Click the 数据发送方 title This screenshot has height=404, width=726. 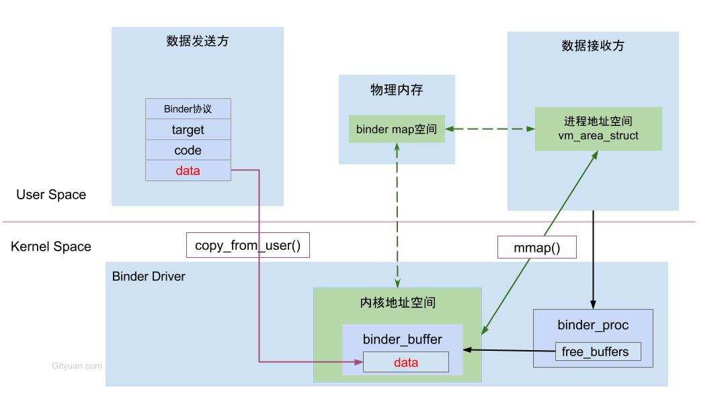(197, 41)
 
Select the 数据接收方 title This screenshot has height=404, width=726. (593, 46)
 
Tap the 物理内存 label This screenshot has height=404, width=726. (397, 90)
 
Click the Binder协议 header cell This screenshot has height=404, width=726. (188, 109)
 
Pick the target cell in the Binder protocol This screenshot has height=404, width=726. (188, 129)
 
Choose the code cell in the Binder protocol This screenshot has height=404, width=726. (188, 150)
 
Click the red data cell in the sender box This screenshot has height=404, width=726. (188, 170)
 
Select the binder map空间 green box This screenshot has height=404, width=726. (397, 129)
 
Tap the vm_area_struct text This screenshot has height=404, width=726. (598, 136)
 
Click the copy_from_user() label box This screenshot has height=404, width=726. (247, 245)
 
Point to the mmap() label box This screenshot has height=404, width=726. (536, 247)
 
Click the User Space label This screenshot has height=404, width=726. (51, 195)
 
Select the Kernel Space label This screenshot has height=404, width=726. (51, 246)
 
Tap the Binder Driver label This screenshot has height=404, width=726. (149, 276)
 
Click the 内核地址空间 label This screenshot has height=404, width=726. (398, 303)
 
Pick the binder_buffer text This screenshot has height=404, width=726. (403, 339)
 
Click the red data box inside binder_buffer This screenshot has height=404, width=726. (406, 362)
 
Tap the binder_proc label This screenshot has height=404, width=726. (593, 325)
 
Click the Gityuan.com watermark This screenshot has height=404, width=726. (77, 366)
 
